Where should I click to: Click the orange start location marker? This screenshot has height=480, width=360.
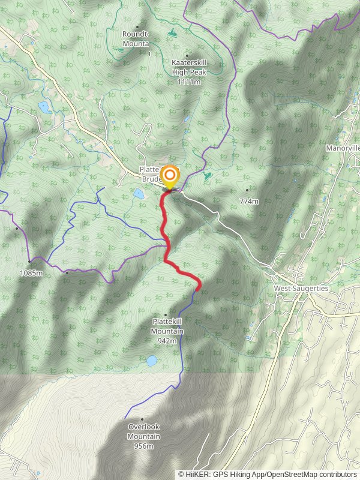point(170,175)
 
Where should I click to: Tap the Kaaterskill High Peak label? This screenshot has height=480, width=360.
point(188,68)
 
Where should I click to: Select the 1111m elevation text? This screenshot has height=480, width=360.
point(188,82)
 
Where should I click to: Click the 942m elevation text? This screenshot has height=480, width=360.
point(167,341)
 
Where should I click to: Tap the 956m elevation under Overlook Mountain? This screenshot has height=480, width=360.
point(144,446)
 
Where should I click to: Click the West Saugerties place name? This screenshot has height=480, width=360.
point(301,289)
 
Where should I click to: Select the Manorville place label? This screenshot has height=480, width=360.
point(343,148)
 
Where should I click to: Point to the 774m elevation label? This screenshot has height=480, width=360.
point(248,202)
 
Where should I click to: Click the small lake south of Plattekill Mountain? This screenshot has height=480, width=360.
point(152,361)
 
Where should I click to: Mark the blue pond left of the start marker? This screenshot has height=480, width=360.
point(139,194)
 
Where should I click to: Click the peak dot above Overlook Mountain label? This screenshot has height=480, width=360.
point(142,419)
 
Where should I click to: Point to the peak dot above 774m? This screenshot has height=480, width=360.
point(247,190)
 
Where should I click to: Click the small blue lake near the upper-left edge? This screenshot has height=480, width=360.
point(43,107)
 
